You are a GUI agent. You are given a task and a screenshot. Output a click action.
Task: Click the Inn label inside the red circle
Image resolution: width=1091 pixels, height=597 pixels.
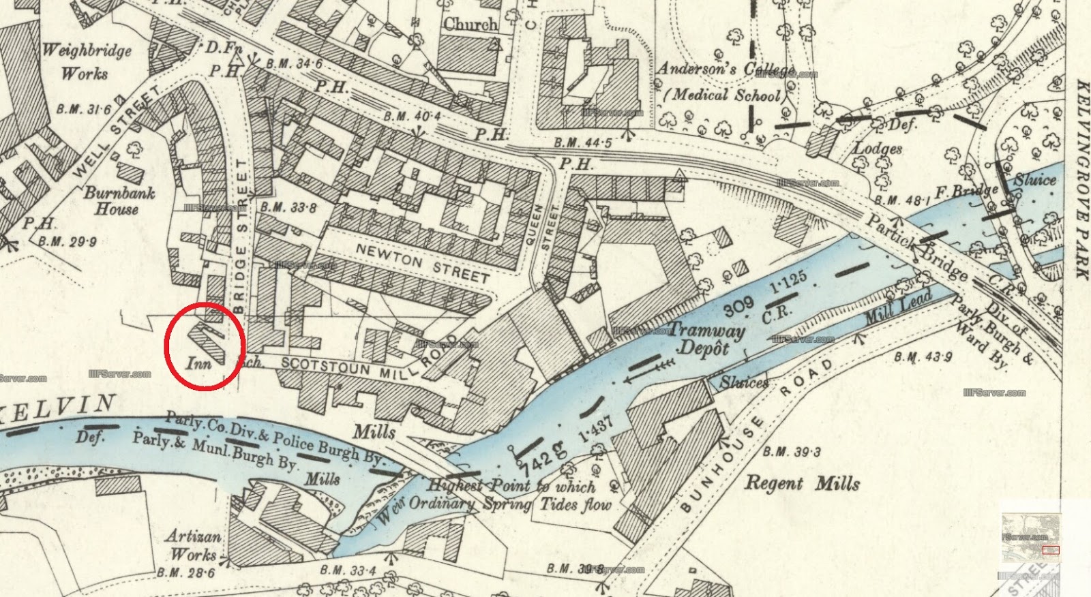198,363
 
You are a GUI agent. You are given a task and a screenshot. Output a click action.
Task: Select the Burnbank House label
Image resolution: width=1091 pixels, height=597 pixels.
119,201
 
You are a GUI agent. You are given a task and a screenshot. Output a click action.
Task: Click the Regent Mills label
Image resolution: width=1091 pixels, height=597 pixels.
801,484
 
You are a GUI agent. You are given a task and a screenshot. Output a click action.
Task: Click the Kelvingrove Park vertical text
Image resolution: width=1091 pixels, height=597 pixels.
1080,179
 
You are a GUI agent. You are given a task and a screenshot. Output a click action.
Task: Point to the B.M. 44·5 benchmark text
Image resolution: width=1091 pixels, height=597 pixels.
582,142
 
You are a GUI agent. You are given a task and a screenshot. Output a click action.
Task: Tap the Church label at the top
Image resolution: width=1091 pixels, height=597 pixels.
470,25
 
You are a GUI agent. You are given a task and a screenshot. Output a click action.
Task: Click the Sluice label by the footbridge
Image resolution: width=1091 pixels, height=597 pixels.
1034,181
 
